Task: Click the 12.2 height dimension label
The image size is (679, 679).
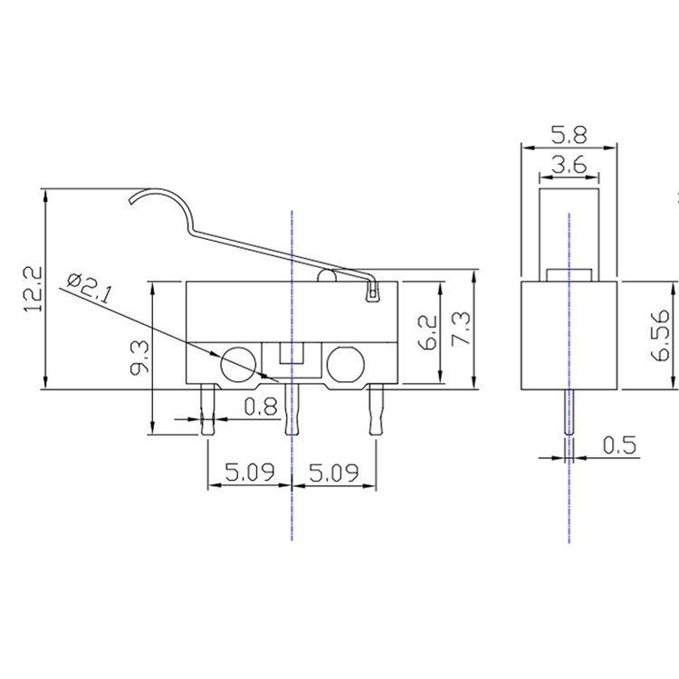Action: click(33, 289)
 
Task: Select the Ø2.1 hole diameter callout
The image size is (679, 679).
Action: click(90, 288)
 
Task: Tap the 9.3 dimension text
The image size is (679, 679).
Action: click(139, 357)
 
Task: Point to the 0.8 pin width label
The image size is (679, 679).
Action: click(260, 406)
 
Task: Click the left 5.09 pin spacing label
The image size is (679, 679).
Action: click(250, 472)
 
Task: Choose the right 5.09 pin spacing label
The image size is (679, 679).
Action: click(334, 472)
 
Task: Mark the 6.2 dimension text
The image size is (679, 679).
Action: click(428, 332)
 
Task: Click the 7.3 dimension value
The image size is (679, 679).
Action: click(461, 329)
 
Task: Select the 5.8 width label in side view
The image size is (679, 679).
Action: click(569, 135)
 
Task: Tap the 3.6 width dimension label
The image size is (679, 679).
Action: click(569, 165)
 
